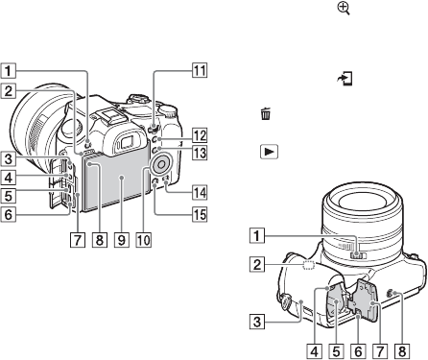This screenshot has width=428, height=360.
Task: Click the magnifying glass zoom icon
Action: pos(344,9)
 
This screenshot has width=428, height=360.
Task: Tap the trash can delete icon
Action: pos(266,113)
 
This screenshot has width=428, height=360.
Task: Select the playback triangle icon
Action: pos(270,152)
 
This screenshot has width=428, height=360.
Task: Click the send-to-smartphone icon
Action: pos(346,79)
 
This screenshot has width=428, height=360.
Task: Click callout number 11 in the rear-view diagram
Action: pos(200,71)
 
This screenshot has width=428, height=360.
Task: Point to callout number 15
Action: pos(199,214)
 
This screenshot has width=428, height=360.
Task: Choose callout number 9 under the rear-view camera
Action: pos(122,240)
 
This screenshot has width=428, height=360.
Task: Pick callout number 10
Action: pos(143,240)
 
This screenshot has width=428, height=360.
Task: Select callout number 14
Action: pos(200,193)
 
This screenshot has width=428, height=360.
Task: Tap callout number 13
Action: pos(200,153)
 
